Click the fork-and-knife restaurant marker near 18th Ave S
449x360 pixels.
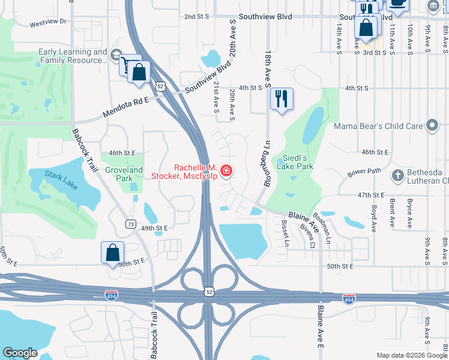click(x=282, y=98)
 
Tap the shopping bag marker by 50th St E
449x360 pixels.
click(x=113, y=253)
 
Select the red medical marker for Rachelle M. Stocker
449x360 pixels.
click(x=226, y=172)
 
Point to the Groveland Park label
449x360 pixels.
click(x=124, y=174)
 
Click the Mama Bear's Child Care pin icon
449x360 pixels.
click(x=432, y=126)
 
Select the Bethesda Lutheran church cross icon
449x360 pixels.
click(x=397, y=176)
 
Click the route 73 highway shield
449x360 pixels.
click(x=131, y=224)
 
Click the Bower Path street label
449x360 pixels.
click(x=364, y=172)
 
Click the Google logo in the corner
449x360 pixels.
click(x=20, y=353)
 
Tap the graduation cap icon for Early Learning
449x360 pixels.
click(x=116, y=56)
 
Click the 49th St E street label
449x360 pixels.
click(x=154, y=228)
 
